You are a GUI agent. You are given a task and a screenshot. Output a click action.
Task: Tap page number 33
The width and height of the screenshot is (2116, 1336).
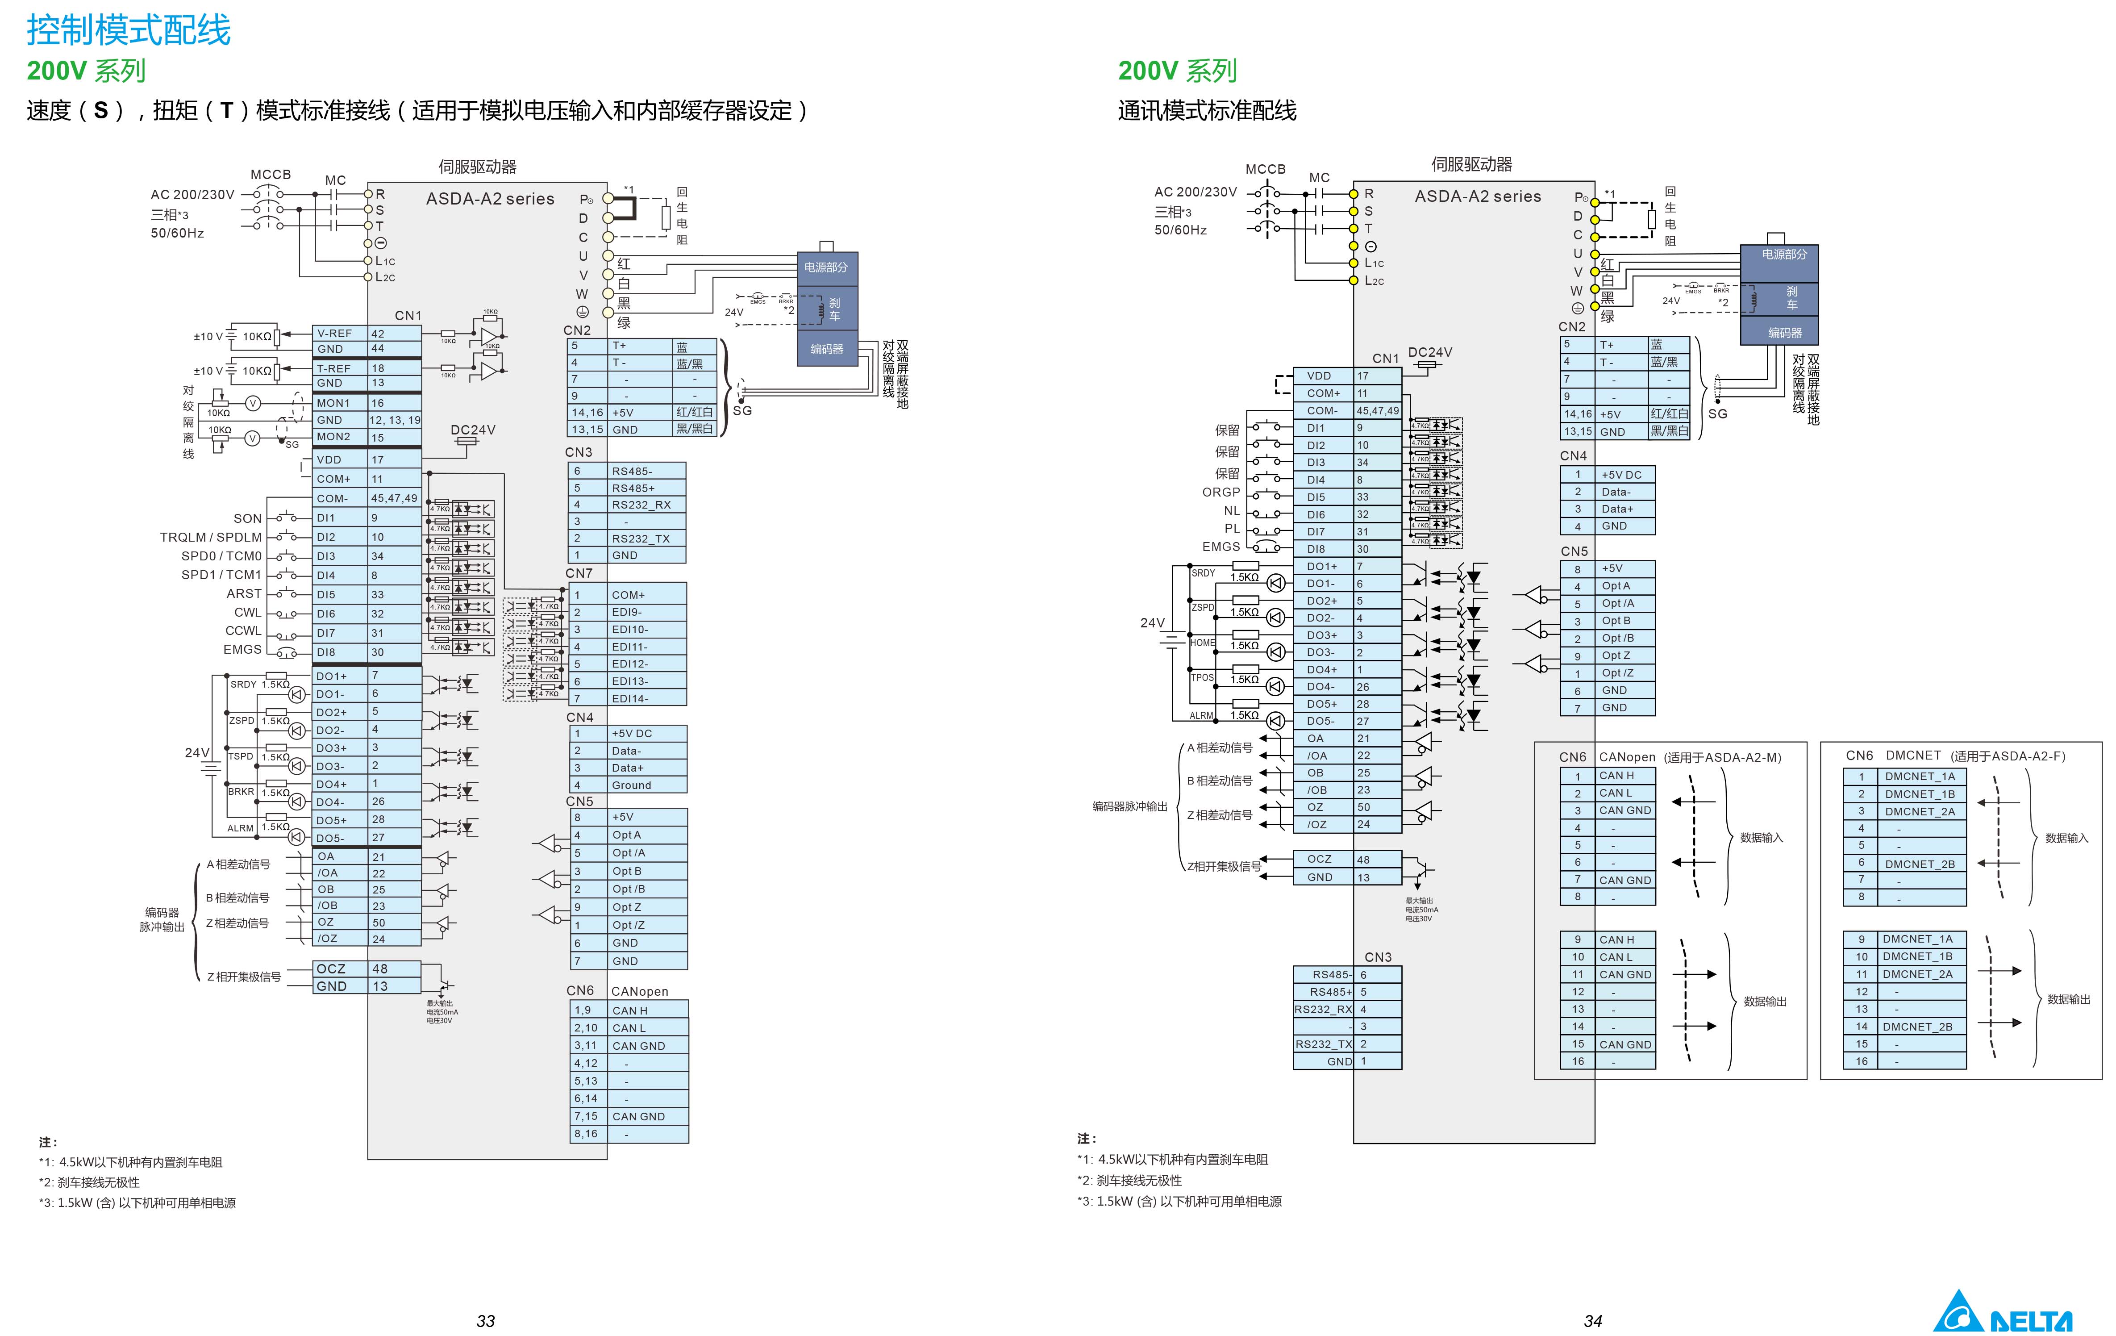pyautogui.click(x=485, y=1321)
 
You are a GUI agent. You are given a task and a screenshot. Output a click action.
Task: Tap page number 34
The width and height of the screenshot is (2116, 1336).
pyautogui.click(x=1592, y=1321)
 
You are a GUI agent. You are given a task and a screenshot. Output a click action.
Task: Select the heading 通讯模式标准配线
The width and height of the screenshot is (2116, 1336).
pyautogui.click(x=1207, y=111)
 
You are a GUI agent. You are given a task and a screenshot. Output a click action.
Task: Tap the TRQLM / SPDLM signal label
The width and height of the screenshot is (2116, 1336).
pyautogui.click(x=211, y=537)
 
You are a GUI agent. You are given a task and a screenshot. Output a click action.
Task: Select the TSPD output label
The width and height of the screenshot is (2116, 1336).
pyautogui.click(x=241, y=756)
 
